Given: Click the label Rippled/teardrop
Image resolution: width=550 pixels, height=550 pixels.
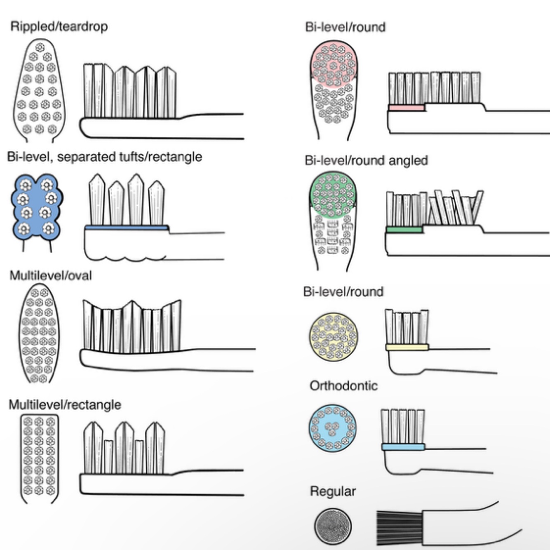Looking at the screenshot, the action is coord(59,27).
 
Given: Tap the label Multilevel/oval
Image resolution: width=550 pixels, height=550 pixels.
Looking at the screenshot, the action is coord(50,275).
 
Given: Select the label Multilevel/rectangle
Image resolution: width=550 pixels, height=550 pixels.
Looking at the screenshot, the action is coord(65,404).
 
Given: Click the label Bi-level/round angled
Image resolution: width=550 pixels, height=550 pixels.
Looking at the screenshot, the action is coord(366,160).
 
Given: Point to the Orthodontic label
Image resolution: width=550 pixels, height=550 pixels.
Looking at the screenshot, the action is coord(343,386).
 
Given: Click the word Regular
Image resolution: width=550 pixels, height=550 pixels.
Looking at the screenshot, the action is coord(332,491).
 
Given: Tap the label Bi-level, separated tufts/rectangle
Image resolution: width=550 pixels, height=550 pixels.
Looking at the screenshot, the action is coord(104,157).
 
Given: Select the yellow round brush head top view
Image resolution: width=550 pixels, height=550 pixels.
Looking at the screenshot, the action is coord(333,336).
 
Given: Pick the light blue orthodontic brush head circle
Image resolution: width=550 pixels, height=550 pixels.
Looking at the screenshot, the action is coord(332,428).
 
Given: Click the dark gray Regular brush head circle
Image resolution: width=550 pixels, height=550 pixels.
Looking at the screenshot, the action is coord(333,526).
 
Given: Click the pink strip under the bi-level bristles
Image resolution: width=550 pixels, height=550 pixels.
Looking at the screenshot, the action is coord(406,108).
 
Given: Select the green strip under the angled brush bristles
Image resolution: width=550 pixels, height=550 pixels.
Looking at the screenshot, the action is coord(404,230).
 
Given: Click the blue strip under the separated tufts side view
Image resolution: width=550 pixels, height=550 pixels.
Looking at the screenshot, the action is coord(127,228).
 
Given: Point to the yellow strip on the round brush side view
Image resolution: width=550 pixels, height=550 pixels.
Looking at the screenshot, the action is coord(407,348).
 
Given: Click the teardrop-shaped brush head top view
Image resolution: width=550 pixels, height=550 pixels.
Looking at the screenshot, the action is coord(40,89).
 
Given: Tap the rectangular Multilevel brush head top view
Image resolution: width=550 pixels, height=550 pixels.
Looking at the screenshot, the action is coord(40,458).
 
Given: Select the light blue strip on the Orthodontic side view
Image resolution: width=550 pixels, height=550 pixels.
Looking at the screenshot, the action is coord(403,447).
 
